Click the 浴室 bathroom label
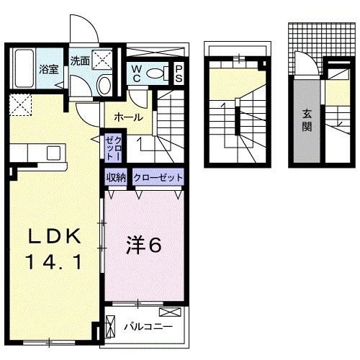(48, 71)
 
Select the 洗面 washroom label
(80, 61)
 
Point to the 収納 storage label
(117, 177)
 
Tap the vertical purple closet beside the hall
(114, 147)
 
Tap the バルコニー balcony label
(148, 327)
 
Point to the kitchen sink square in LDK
(54, 153)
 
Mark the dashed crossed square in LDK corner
(19, 105)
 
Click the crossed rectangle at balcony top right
(171, 312)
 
